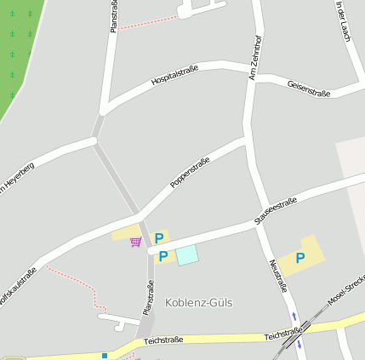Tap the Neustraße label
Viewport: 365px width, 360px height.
(278, 277)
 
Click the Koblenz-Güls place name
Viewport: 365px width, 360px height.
(198, 303)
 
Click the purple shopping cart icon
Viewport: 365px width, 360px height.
(135, 243)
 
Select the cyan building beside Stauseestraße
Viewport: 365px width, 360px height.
(186, 254)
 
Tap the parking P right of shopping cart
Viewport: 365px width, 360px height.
(158, 238)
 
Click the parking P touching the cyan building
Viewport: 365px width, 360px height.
(163, 256)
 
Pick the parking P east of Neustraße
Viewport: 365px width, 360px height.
(299, 258)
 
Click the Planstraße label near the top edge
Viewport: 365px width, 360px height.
(113, 16)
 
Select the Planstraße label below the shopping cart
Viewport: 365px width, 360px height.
(148, 298)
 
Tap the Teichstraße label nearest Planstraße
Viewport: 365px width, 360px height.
(163, 340)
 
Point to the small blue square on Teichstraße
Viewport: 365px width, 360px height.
(105, 356)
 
